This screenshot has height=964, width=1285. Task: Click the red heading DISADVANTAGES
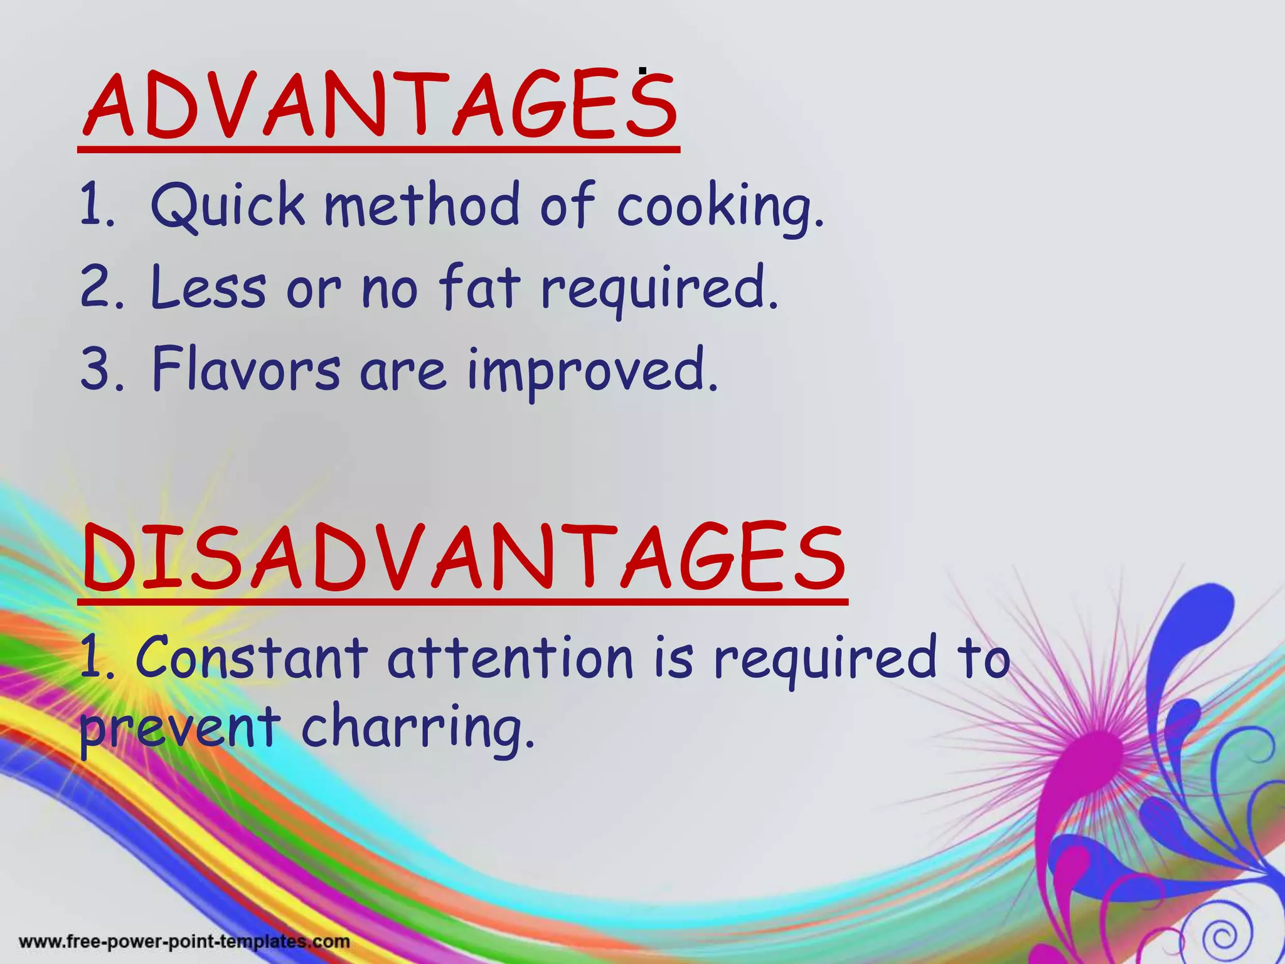464,559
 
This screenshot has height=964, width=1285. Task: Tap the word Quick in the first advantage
227,205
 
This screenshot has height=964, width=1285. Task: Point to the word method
421,205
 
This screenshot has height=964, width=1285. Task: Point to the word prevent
179,728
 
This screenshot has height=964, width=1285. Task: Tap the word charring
418,728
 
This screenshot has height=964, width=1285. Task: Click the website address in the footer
184,941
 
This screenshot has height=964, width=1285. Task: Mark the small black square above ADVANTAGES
642,71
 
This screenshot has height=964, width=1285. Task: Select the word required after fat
659,289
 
